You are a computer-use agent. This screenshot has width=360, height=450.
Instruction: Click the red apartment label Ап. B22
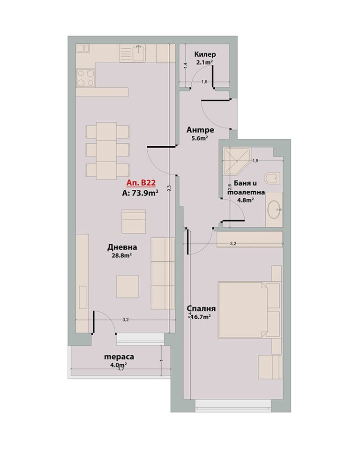(141, 182)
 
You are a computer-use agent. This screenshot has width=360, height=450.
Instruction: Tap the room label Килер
(205, 54)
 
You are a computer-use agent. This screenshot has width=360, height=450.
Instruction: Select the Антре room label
(200, 130)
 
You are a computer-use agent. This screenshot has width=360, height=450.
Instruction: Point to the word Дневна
(122, 247)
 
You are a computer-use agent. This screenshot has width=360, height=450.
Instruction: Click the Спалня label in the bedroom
(201, 308)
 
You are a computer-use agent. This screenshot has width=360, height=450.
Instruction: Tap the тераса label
(119, 357)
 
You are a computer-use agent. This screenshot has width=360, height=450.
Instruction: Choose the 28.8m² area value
(122, 255)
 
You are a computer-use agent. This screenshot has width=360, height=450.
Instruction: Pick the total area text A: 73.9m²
(140, 193)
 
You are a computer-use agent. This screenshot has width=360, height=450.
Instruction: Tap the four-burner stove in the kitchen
(86, 78)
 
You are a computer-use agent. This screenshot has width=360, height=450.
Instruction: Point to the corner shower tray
(236, 161)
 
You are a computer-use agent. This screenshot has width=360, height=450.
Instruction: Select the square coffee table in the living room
(127, 287)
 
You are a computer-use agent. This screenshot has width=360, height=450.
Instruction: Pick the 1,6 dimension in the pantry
(204, 82)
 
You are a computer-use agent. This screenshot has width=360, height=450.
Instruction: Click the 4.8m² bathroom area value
(246, 200)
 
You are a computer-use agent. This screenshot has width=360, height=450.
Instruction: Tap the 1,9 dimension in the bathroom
(255, 161)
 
